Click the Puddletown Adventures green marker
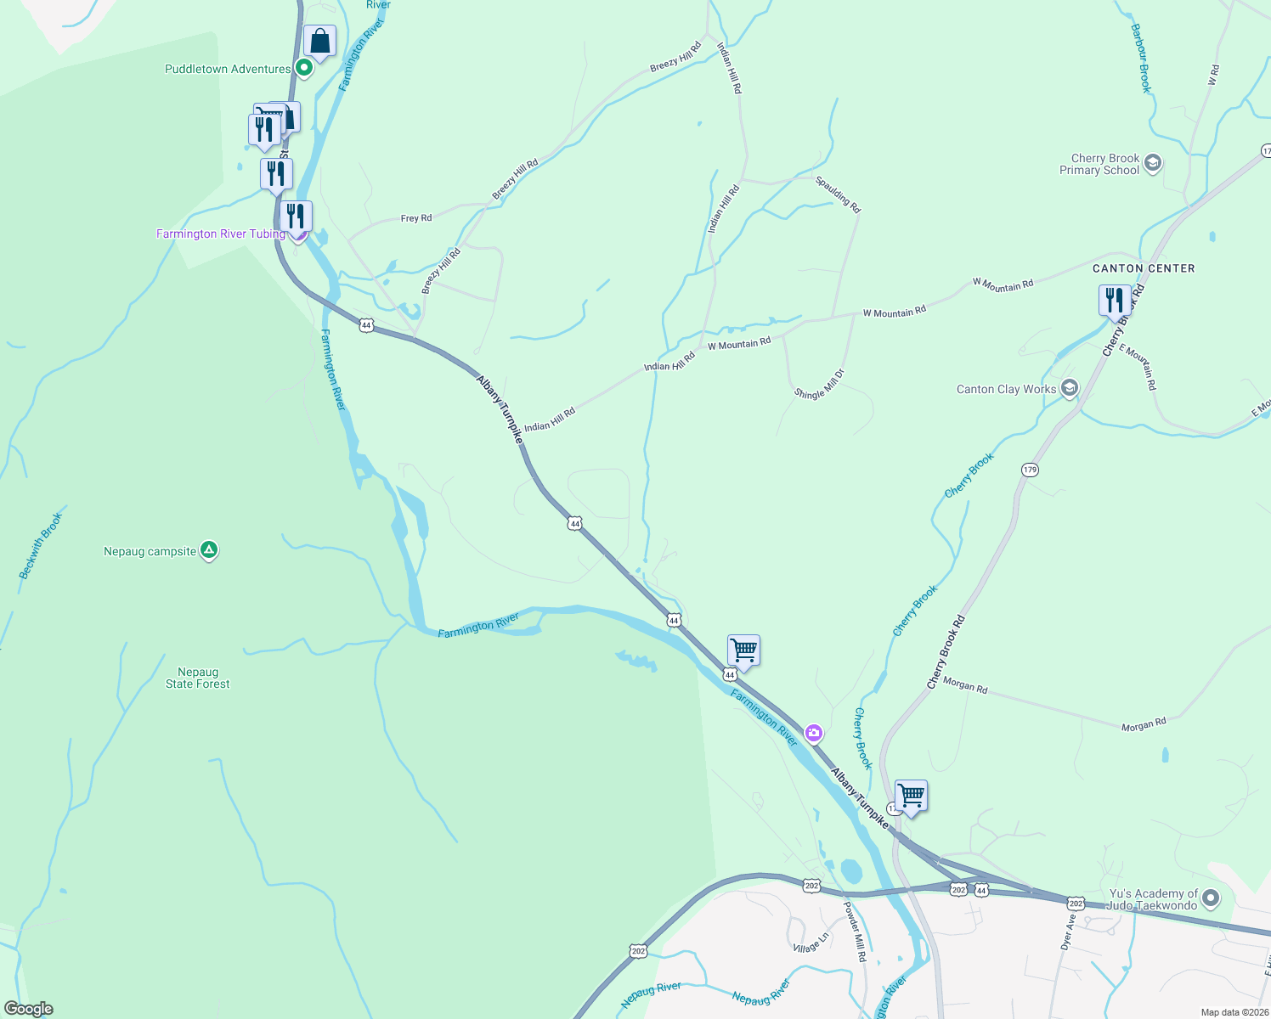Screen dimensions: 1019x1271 (303, 68)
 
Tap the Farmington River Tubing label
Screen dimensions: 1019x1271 (220, 234)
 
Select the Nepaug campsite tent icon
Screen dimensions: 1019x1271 (209, 550)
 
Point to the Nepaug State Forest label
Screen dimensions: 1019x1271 (197, 678)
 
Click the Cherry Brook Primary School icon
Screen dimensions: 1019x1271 (1152, 163)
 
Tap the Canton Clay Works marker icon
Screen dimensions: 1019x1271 (1069, 389)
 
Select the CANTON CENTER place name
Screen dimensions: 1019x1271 (1143, 268)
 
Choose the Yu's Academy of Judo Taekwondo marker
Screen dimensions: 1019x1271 (1211, 898)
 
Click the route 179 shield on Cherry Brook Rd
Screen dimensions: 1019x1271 (1030, 470)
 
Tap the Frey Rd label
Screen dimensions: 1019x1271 (415, 218)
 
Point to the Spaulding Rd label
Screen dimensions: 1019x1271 (838, 194)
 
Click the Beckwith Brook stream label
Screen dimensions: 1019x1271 (41, 546)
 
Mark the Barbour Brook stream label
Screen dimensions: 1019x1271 (1140, 58)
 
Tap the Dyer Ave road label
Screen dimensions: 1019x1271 (1067, 932)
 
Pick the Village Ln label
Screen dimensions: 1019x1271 (810, 943)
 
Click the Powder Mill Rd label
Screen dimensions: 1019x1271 (854, 931)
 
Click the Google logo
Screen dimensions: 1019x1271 (29, 1009)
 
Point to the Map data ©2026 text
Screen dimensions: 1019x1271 (1234, 1012)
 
